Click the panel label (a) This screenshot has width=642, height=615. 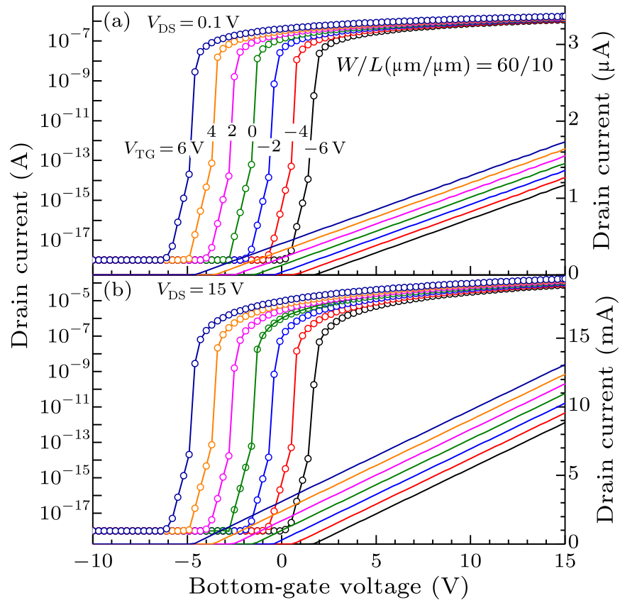117,22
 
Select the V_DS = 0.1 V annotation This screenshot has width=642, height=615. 188,23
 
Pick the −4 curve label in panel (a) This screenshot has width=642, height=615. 296,132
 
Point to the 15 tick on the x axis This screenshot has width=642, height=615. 564,558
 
